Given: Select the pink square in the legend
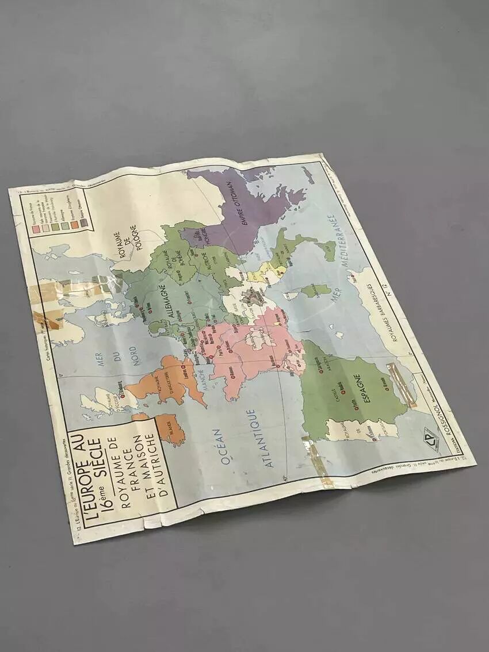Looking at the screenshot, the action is [x=35, y=229].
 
